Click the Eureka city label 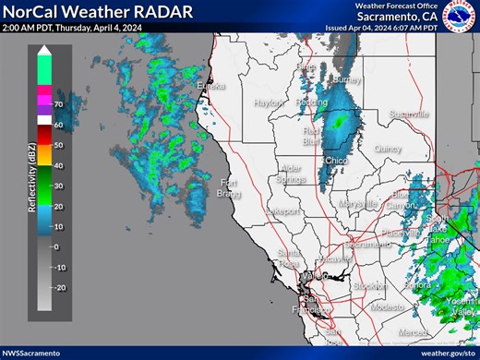[210, 87]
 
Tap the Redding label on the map [311, 102]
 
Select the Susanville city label [410, 114]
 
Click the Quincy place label [388, 148]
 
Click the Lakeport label [282, 211]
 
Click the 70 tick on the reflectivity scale [57, 104]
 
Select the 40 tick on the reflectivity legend [57, 165]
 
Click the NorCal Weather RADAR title [99, 13]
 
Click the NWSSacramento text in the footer [31, 353]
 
